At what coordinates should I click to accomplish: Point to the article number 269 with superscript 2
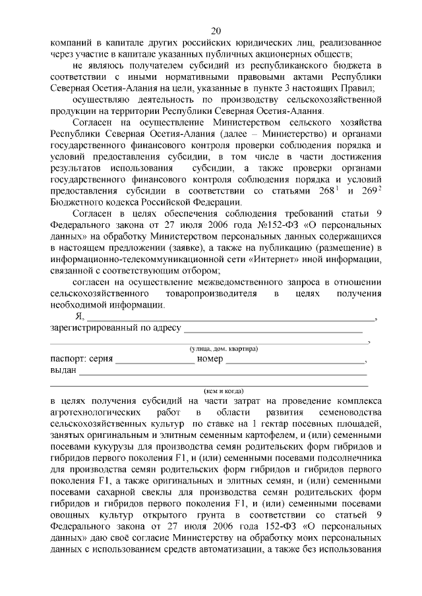[369, 191]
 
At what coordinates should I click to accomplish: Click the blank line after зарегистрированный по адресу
[274, 328]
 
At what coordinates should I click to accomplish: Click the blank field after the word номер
[295, 360]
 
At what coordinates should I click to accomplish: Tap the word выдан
[64, 371]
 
